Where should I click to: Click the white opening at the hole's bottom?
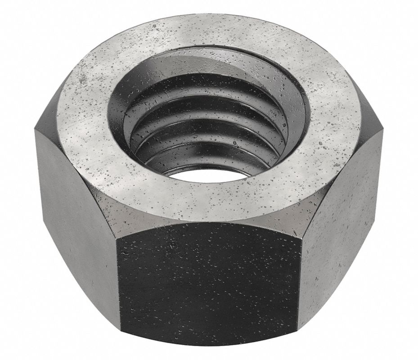click(x=211, y=173)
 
